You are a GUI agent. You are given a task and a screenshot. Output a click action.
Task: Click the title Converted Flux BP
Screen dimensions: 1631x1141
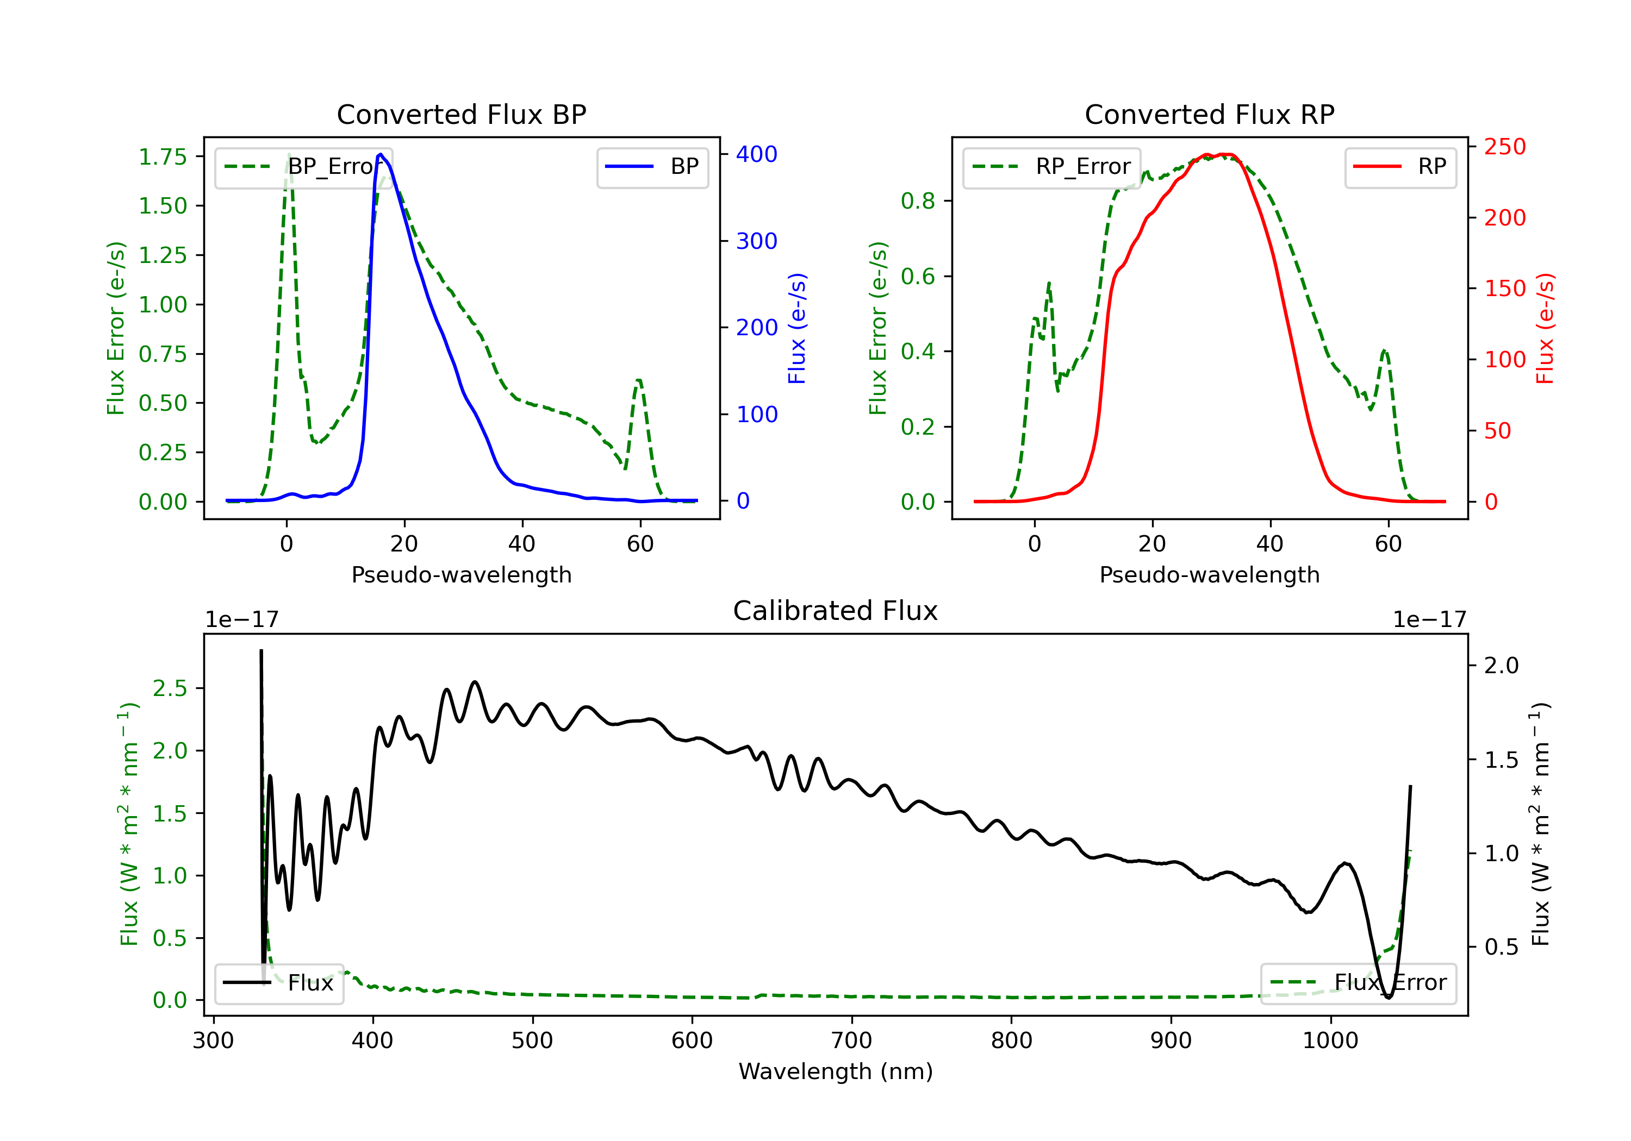click(x=462, y=114)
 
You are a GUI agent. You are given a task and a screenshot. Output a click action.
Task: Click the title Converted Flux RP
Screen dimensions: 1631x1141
click(x=1210, y=114)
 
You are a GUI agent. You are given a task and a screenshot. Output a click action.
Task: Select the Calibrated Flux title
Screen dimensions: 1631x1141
click(x=836, y=611)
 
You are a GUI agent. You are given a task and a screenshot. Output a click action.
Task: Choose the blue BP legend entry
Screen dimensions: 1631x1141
click(x=652, y=167)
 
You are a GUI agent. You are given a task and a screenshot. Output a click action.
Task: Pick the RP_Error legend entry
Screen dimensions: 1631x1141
click(x=1051, y=167)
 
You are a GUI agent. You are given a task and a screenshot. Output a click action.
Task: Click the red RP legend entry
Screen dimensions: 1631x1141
click(x=1400, y=167)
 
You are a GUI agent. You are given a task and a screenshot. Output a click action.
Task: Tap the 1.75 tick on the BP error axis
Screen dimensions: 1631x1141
click(x=163, y=157)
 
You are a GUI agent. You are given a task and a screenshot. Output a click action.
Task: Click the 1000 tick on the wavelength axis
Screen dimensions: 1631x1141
click(x=1330, y=1041)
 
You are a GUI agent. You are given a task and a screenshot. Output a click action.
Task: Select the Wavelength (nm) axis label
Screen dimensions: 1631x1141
click(x=836, y=1071)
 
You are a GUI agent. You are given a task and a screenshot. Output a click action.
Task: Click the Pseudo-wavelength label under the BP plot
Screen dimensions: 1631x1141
click(x=462, y=574)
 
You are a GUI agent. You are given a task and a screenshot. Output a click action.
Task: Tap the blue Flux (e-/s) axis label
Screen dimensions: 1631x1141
click(x=797, y=329)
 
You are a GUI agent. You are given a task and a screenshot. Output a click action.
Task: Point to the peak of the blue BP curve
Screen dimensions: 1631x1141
click(x=381, y=154)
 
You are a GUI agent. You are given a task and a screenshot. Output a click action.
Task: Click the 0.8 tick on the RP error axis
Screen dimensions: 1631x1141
click(x=917, y=201)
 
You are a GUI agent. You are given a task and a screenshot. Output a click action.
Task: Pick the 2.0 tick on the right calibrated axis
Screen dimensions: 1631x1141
click(x=1501, y=666)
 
